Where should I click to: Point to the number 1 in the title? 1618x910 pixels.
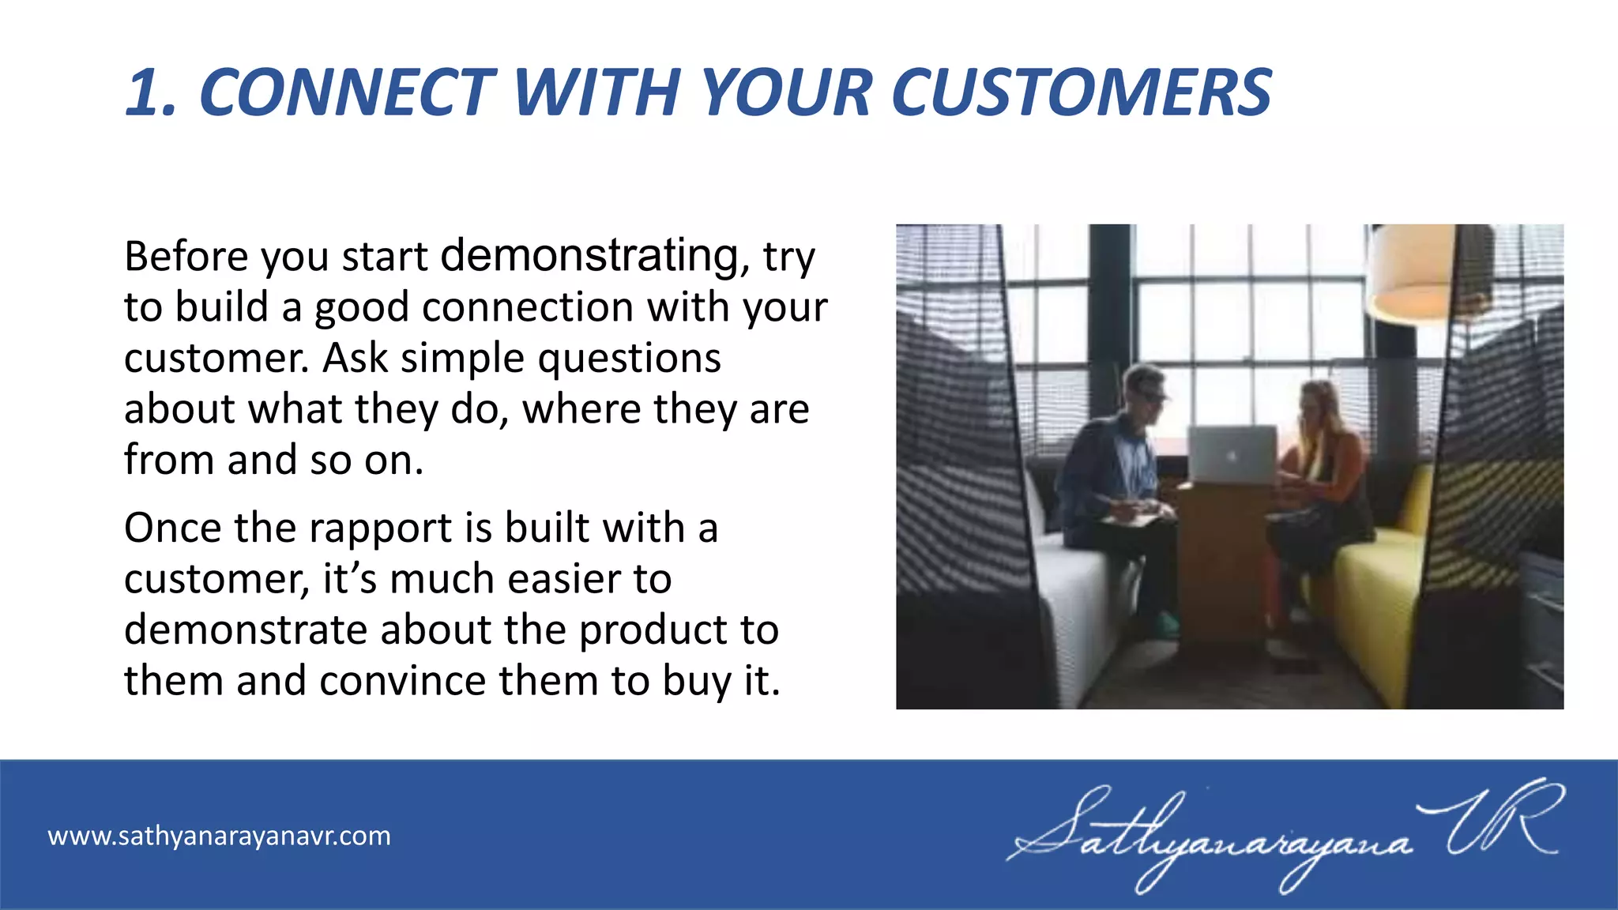146,93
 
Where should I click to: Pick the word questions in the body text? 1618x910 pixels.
629,359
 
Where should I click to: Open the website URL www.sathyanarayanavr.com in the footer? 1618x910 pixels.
219,836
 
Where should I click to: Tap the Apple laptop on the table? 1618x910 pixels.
1232,454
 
